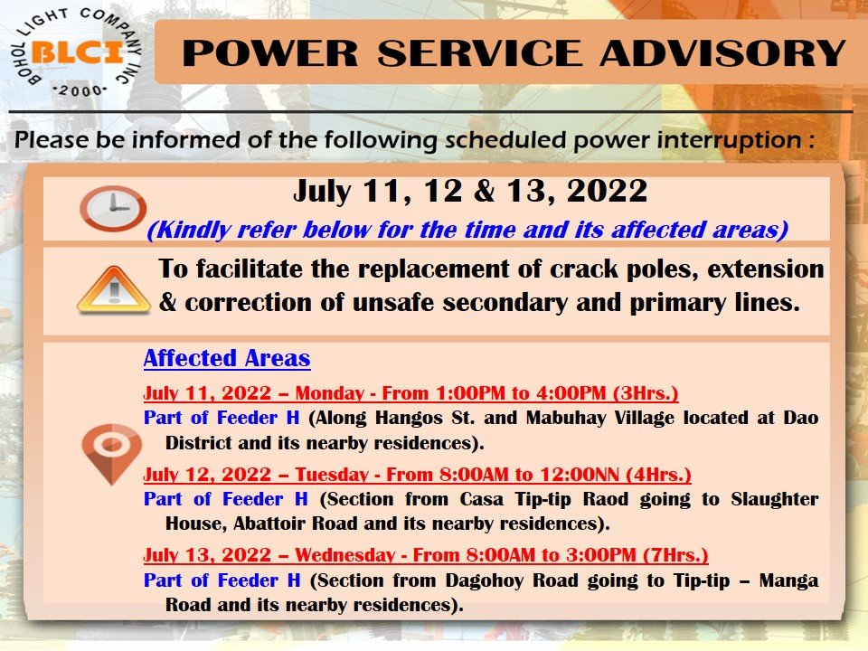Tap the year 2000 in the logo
pyautogui.click(x=80, y=90)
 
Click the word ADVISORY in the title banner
pyautogui.click(x=722, y=53)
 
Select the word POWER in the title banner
pyautogui.click(x=270, y=53)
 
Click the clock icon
pyautogui.click(x=113, y=208)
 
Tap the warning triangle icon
pyautogui.click(x=114, y=289)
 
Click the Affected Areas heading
pyautogui.click(x=227, y=358)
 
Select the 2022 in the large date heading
pyautogui.click(x=607, y=191)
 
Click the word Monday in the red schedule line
pyautogui.click(x=329, y=393)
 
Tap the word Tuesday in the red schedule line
pyautogui.click(x=331, y=475)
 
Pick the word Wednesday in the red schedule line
pyautogui.click(x=344, y=554)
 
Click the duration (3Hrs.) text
pyautogui.click(x=646, y=393)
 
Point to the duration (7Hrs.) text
pyautogui.click(x=676, y=554)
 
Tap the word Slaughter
pyautogui.click(x=775, y=499)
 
